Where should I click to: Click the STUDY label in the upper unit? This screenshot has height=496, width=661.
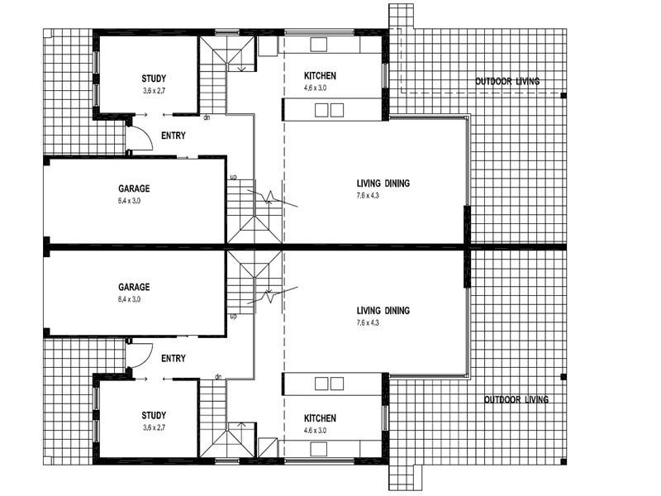[x=154, y=79]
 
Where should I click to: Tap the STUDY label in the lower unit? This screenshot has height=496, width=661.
[x=154, y=415]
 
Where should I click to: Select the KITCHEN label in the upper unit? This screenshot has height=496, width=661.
[x=320, y=76]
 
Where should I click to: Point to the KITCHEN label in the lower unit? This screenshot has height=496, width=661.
[x=320, y=418]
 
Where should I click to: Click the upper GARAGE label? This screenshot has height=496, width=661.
[x=134, y=188]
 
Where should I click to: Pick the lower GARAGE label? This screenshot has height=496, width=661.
[x=134, y=288]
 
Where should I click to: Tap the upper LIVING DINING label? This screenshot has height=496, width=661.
[x=383, y=184]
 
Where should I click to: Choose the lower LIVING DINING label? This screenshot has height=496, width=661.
[x=383, y=311]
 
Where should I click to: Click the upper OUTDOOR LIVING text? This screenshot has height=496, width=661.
[x=507, y=81]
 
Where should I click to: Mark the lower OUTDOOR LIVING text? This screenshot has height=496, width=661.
[x=516, y=400]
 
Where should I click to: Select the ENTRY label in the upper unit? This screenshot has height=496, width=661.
[x=174, y=136]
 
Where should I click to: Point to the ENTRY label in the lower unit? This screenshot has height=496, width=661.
[x=174, y=359]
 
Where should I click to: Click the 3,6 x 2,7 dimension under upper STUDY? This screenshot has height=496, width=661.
[x=154, y=91]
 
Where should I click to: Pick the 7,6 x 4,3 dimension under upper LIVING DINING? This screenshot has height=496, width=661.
[x=383, y=196]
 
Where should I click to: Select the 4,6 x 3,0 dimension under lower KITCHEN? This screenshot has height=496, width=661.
[x=320, y=430]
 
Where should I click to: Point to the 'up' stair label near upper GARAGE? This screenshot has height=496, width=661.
[x=233, y=178]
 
